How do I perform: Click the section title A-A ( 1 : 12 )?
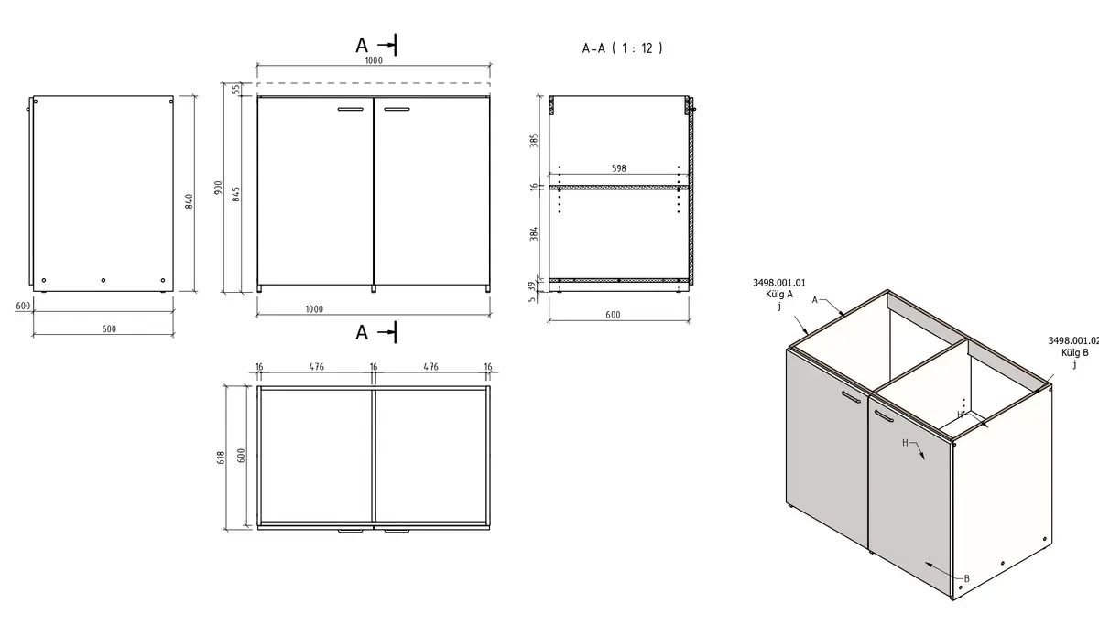pos(622,48)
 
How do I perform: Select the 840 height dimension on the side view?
pos(189,201)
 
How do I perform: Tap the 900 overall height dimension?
pos(218,188)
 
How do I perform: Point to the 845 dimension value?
pos(236,194)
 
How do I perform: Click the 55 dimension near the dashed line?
pos(236,89)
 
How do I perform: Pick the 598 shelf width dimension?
pos(619,168)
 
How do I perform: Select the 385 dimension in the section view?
pos(534,140)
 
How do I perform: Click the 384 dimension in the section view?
pos(534,233)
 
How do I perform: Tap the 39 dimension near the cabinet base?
pos(532,286)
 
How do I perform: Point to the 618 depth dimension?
pos(221,458)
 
